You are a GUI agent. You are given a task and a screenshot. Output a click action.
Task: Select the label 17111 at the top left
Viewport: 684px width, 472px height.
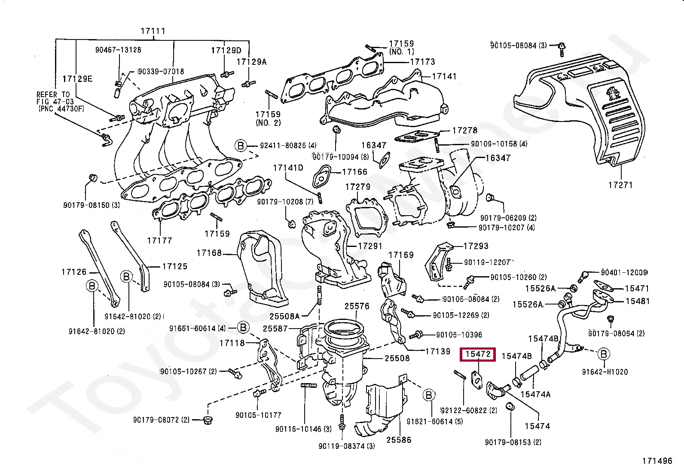click(x=153, y=31)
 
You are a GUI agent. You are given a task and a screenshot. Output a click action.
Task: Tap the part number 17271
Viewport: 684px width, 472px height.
click(x=620, y=185)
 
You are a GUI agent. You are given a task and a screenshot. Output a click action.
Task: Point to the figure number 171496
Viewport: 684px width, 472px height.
click(x=657, y=461)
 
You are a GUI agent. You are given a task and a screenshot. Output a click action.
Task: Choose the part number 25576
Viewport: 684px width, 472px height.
click(x=357, y=306)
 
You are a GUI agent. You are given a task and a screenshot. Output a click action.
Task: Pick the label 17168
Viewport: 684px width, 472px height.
click(x=209, y=253)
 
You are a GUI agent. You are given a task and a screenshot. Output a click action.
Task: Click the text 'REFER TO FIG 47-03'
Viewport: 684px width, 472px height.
click(x=53, y=98)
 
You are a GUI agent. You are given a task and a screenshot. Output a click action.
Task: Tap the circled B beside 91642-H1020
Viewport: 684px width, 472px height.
click(x=604, y=354)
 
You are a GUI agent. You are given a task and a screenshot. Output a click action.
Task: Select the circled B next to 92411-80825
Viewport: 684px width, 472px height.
click(x=241, y=146)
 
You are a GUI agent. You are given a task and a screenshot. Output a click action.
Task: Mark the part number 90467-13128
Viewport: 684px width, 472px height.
click(x=118, y=50)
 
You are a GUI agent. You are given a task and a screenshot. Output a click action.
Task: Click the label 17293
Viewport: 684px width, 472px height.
click(x=476, y=246)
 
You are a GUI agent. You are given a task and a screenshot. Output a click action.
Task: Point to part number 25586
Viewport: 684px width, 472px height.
click(x=399, y=440)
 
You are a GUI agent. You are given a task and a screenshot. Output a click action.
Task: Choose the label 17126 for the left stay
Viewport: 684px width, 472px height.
click(x=74, y=272)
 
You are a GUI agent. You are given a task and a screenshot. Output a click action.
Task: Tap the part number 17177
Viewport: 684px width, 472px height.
click(x=159, y=241)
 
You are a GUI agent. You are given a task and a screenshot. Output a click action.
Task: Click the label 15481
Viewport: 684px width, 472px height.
click(x=637, y=301)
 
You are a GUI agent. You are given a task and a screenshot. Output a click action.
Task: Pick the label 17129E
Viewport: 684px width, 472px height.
click(x=77, y=79)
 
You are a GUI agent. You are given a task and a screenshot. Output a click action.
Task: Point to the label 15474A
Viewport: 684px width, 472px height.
click(x=535, y=394)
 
